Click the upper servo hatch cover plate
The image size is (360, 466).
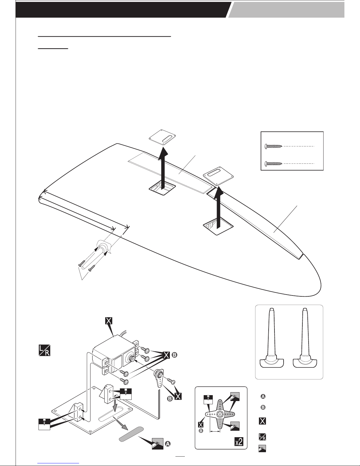[162, 138]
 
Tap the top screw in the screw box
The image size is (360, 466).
[273, 146]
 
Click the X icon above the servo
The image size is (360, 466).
[108, 321]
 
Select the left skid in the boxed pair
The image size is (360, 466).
[272, 341]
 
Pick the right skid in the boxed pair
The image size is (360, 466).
[306, 341]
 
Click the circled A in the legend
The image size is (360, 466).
[263, 397]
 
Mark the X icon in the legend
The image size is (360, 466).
[262, 421]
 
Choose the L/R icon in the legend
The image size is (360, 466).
[262, 437]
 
